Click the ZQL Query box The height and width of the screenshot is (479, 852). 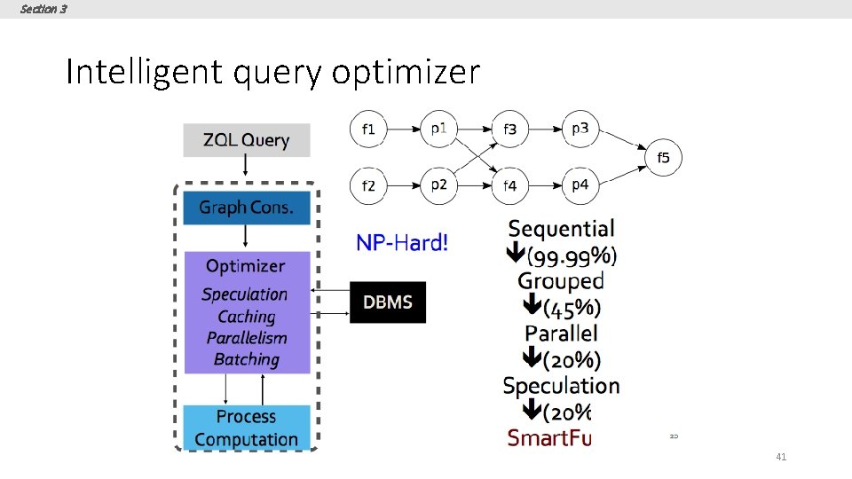(247, 140)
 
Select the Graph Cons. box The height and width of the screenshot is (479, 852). (247, 208)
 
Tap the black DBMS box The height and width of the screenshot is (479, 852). (388, 302)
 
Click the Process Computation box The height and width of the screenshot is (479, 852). (247, 428)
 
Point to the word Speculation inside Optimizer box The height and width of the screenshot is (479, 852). (245, 294)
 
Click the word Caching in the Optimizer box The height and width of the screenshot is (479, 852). (247, 317)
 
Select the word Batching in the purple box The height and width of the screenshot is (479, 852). (247, 359)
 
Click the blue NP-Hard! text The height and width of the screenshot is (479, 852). (402, 242)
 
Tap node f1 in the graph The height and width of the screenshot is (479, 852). (368, 130)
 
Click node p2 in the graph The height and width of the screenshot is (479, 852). (438, 185)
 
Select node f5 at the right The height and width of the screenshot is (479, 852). (663, 158)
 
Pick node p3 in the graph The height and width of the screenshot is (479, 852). (580, 130)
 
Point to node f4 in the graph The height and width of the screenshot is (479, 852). (509, 186)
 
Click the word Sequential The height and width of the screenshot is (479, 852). (561, 230)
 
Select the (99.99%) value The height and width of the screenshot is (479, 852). (572, 256)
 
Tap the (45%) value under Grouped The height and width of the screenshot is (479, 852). (572, 308)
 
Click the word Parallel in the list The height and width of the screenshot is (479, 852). (561, 334)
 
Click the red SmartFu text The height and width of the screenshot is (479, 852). (548, 437)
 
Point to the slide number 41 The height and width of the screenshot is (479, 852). (781, 457)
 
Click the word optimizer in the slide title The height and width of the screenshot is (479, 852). (406, 73)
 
